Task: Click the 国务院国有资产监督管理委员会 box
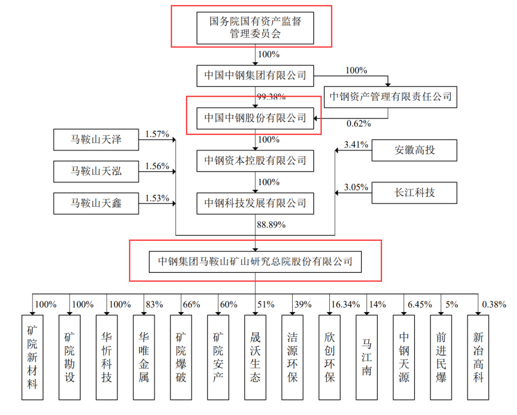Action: click(255, 27)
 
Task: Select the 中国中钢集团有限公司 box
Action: click(255, 75)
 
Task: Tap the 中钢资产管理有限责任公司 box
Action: click(390, 97)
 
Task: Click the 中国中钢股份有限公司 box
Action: click(255, 118)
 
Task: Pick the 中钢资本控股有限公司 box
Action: click(255, 161)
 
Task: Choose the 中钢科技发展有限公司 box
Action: click(255, 203)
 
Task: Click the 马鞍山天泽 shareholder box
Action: click(96, 139)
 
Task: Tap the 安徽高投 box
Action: click(414, 150)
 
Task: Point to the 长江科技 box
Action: click(414, 193)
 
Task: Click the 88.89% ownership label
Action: click(271, 225)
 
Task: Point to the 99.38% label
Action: click(271, 97)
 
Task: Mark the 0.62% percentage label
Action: click(359, 124)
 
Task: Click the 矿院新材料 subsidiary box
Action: click(32, 357)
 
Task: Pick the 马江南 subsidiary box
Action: click(367, 357)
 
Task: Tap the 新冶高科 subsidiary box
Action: click(478, 357)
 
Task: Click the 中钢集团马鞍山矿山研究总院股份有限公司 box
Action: click(255, 262)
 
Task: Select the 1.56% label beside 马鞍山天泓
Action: click(157, 166)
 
